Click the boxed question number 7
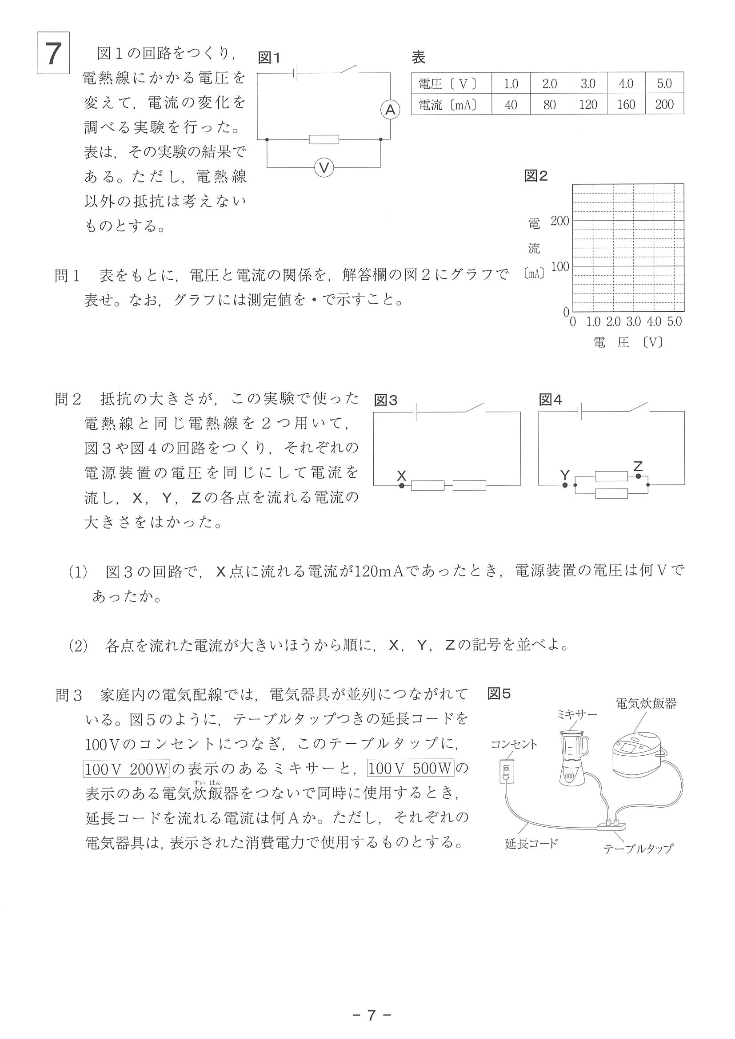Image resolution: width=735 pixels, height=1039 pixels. (53, 53)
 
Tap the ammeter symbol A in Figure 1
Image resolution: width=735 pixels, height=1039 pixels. (390, 110)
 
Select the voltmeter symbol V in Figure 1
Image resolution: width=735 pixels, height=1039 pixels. (324, 168)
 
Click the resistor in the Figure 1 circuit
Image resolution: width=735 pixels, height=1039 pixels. (324, 139)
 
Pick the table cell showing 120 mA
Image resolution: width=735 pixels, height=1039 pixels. (588, 104)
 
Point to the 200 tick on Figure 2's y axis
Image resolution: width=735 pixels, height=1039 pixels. (560, 221)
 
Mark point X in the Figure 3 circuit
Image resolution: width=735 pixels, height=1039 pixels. (401, 486)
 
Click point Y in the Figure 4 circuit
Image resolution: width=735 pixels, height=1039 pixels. (565, 485)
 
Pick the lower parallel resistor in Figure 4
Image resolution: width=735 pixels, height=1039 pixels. (611, 493)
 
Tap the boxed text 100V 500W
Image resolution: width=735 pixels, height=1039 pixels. (410, 769)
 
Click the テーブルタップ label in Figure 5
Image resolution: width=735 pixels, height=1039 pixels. (638, 849)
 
